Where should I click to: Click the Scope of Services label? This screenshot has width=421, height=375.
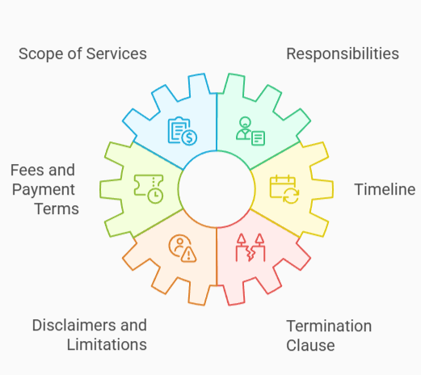coord(82,54)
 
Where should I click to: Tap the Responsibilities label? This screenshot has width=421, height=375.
coord(343,54)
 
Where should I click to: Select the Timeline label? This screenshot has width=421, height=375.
coord(385,190)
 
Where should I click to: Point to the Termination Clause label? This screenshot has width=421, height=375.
coord(329,335)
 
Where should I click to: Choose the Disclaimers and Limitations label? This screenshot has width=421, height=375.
coord(89,335)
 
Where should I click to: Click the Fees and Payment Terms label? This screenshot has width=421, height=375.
coord(44,189)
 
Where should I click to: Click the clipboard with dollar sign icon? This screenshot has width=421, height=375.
coord(182,130)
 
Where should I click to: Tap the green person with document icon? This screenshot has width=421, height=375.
coord(250,130)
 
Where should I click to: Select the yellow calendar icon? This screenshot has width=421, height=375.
coord(284,188)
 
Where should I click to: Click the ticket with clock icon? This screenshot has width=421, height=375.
coord(149,188)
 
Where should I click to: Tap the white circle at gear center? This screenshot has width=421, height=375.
coord(216,187)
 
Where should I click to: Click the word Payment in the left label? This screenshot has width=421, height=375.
coord(45,190)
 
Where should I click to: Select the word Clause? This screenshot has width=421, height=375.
coord(311,346)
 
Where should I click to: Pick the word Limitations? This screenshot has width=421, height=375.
coord(106,344)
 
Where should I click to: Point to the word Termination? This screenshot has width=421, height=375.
coord(329,326)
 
